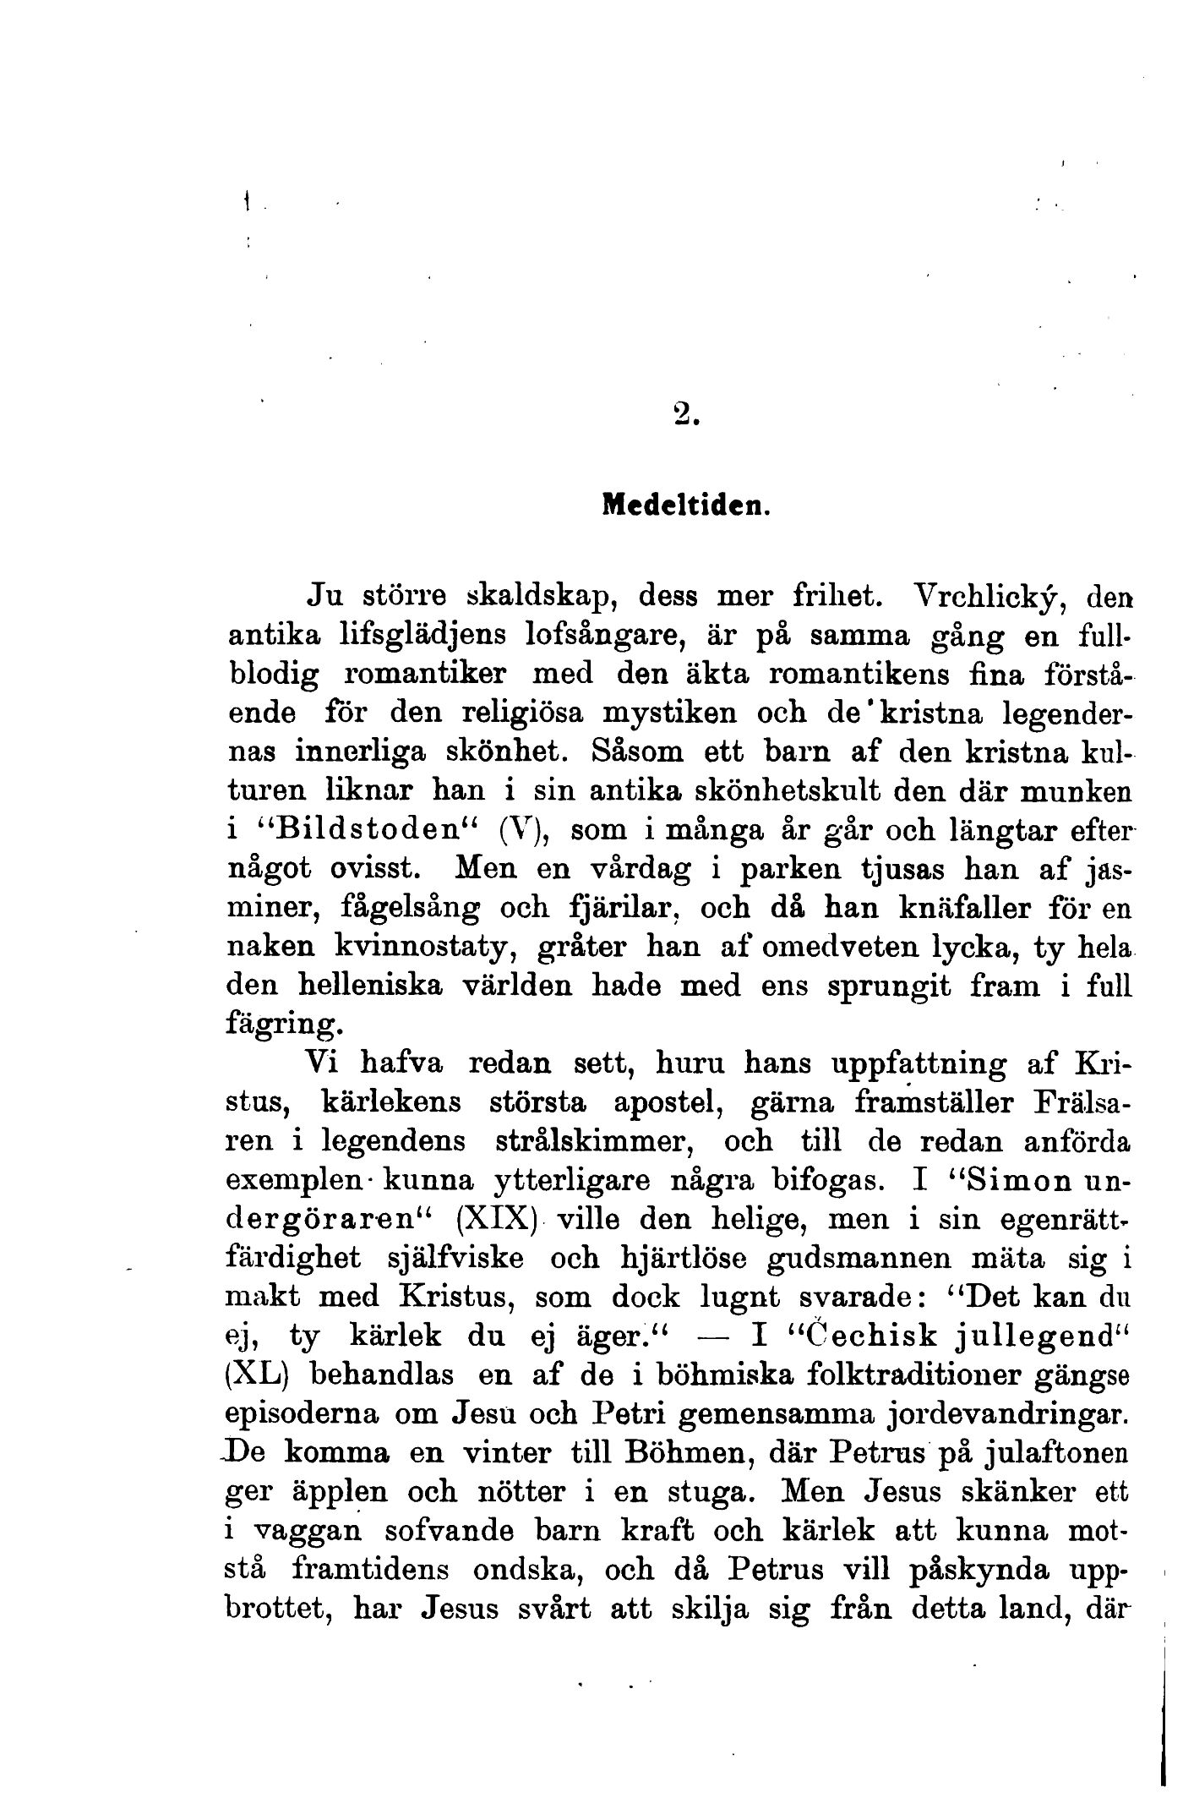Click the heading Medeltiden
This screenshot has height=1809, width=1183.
tap(684, 506)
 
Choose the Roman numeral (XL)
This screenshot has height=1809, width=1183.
tap(259, 1375)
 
